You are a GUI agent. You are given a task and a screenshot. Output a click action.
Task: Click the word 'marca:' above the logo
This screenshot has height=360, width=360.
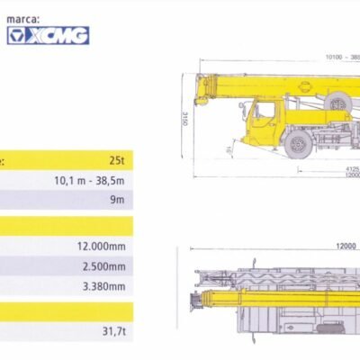pyautogui.click(x=23, y=20)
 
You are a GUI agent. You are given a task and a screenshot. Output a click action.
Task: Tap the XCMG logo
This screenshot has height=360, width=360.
pyautogui.click(x=48, y=36)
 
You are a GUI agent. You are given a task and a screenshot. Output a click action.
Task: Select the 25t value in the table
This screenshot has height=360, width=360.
pyautogui.click(x=117, y=161)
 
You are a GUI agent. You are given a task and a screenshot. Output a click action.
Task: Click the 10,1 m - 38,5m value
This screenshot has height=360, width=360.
pyautogui.click(x=89, y=181)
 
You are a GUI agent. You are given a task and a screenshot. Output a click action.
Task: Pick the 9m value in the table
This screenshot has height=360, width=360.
pyautogui.click(x=117, y=200)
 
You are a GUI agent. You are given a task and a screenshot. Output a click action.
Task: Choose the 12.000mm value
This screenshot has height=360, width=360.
pyautogui.click(x=102, y=247)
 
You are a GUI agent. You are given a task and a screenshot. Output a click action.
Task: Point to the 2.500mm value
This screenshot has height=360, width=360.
pyautogui.click(x=104, y=266)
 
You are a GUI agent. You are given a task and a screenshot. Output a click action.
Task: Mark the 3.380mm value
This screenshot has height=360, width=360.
pyautogui.click(x=104, y=286)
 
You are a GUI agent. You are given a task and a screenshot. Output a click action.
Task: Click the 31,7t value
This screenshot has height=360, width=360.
pyautogui.click(x=114, y=331)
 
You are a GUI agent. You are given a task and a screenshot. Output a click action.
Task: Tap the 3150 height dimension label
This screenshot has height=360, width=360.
pyautogui.click(x=185, y=119)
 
